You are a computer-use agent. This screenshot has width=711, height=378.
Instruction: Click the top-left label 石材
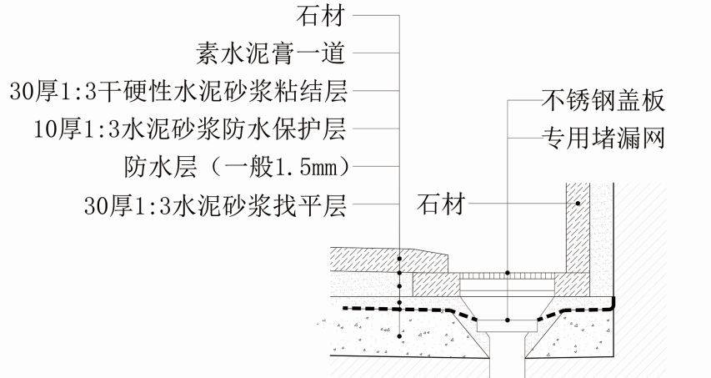(x=322, y=17)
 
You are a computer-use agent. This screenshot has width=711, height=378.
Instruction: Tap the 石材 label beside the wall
(x=441, y=204)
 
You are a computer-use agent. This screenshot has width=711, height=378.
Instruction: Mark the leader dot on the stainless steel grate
(x=507, y=272)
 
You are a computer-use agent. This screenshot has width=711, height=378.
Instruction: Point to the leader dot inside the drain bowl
(x=507, y=320)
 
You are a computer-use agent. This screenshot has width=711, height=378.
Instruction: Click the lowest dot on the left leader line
(x=400, y=335)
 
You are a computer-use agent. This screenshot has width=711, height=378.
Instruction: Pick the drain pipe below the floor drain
(x=507, y=359)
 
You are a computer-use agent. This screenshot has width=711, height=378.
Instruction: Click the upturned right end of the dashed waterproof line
(x=613, y=300)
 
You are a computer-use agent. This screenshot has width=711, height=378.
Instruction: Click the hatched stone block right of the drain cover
(x=574, y=284)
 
